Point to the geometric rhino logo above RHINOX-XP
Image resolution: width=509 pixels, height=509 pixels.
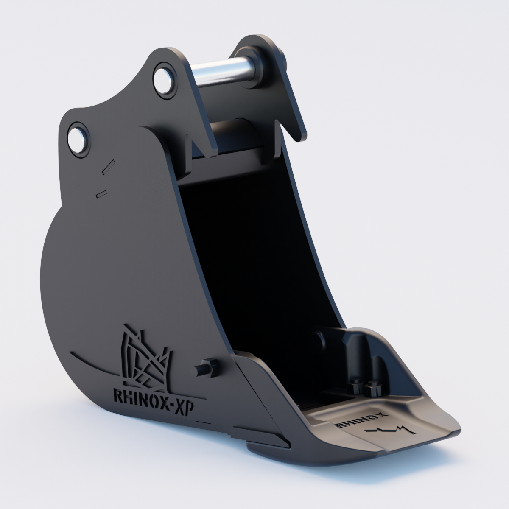pyautogui.click(x=145, y=358)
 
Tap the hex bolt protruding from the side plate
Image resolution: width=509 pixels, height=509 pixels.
pyautogui.click(x=207, y=368)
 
